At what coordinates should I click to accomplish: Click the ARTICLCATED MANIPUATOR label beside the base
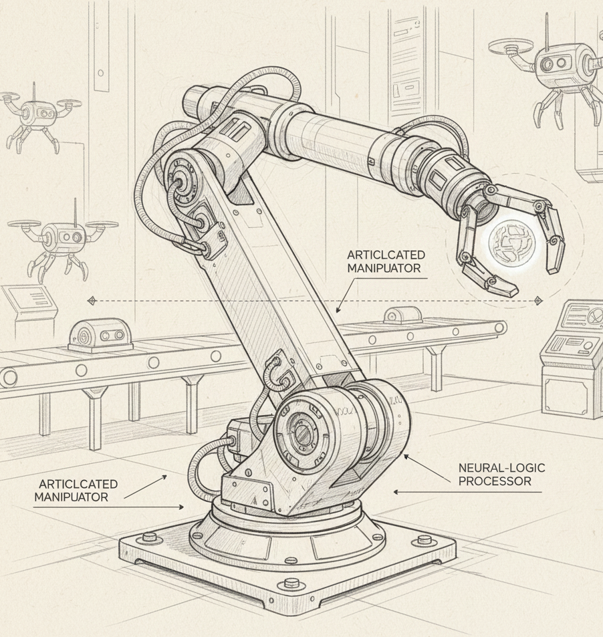tap(78, 490)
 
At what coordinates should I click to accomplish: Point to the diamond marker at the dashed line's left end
tap(92, 301)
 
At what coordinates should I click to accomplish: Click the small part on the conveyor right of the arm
tap(402, 316)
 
